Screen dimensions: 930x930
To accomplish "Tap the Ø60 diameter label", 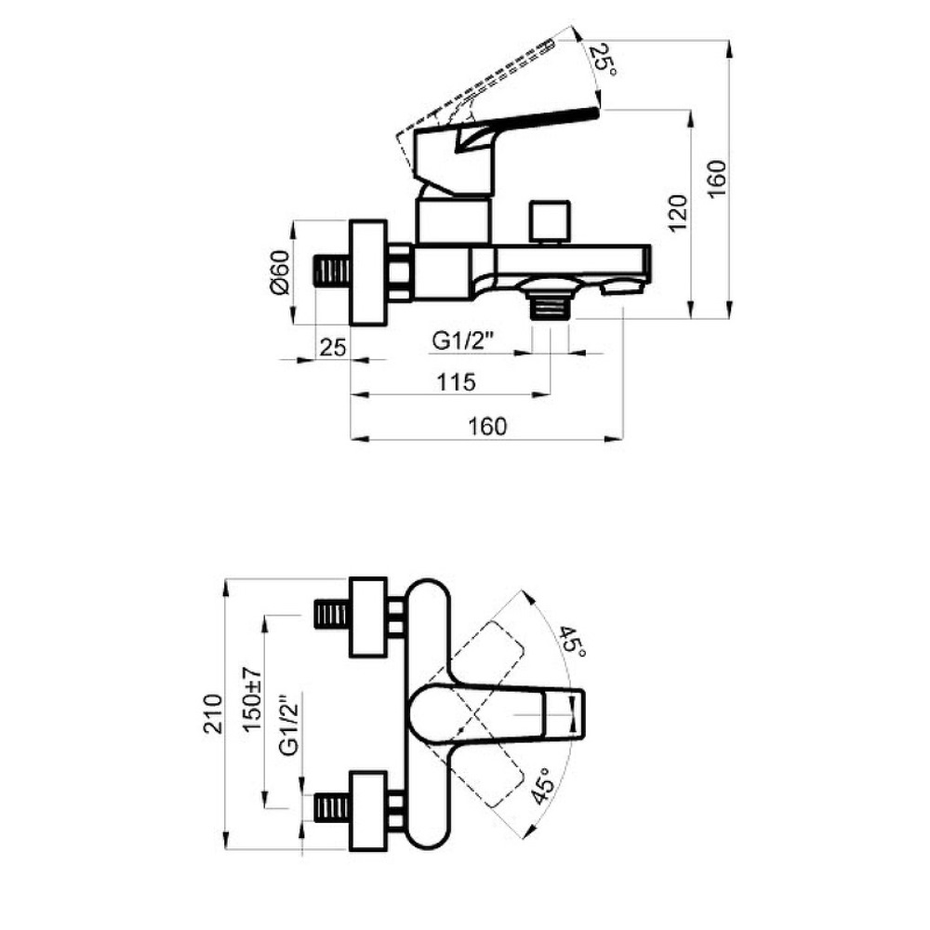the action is tap(279, 272).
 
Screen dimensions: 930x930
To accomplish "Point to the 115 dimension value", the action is tap(456, 382).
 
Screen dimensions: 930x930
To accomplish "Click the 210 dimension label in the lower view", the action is tap(214, 714).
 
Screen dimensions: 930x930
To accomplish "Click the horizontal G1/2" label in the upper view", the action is tap(462, 341).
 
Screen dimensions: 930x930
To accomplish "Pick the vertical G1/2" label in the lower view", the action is tap(289, 725).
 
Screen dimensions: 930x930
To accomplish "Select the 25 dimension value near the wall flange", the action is tap(332, 347).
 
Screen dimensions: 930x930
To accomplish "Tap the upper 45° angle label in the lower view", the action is tap(572, 641).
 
